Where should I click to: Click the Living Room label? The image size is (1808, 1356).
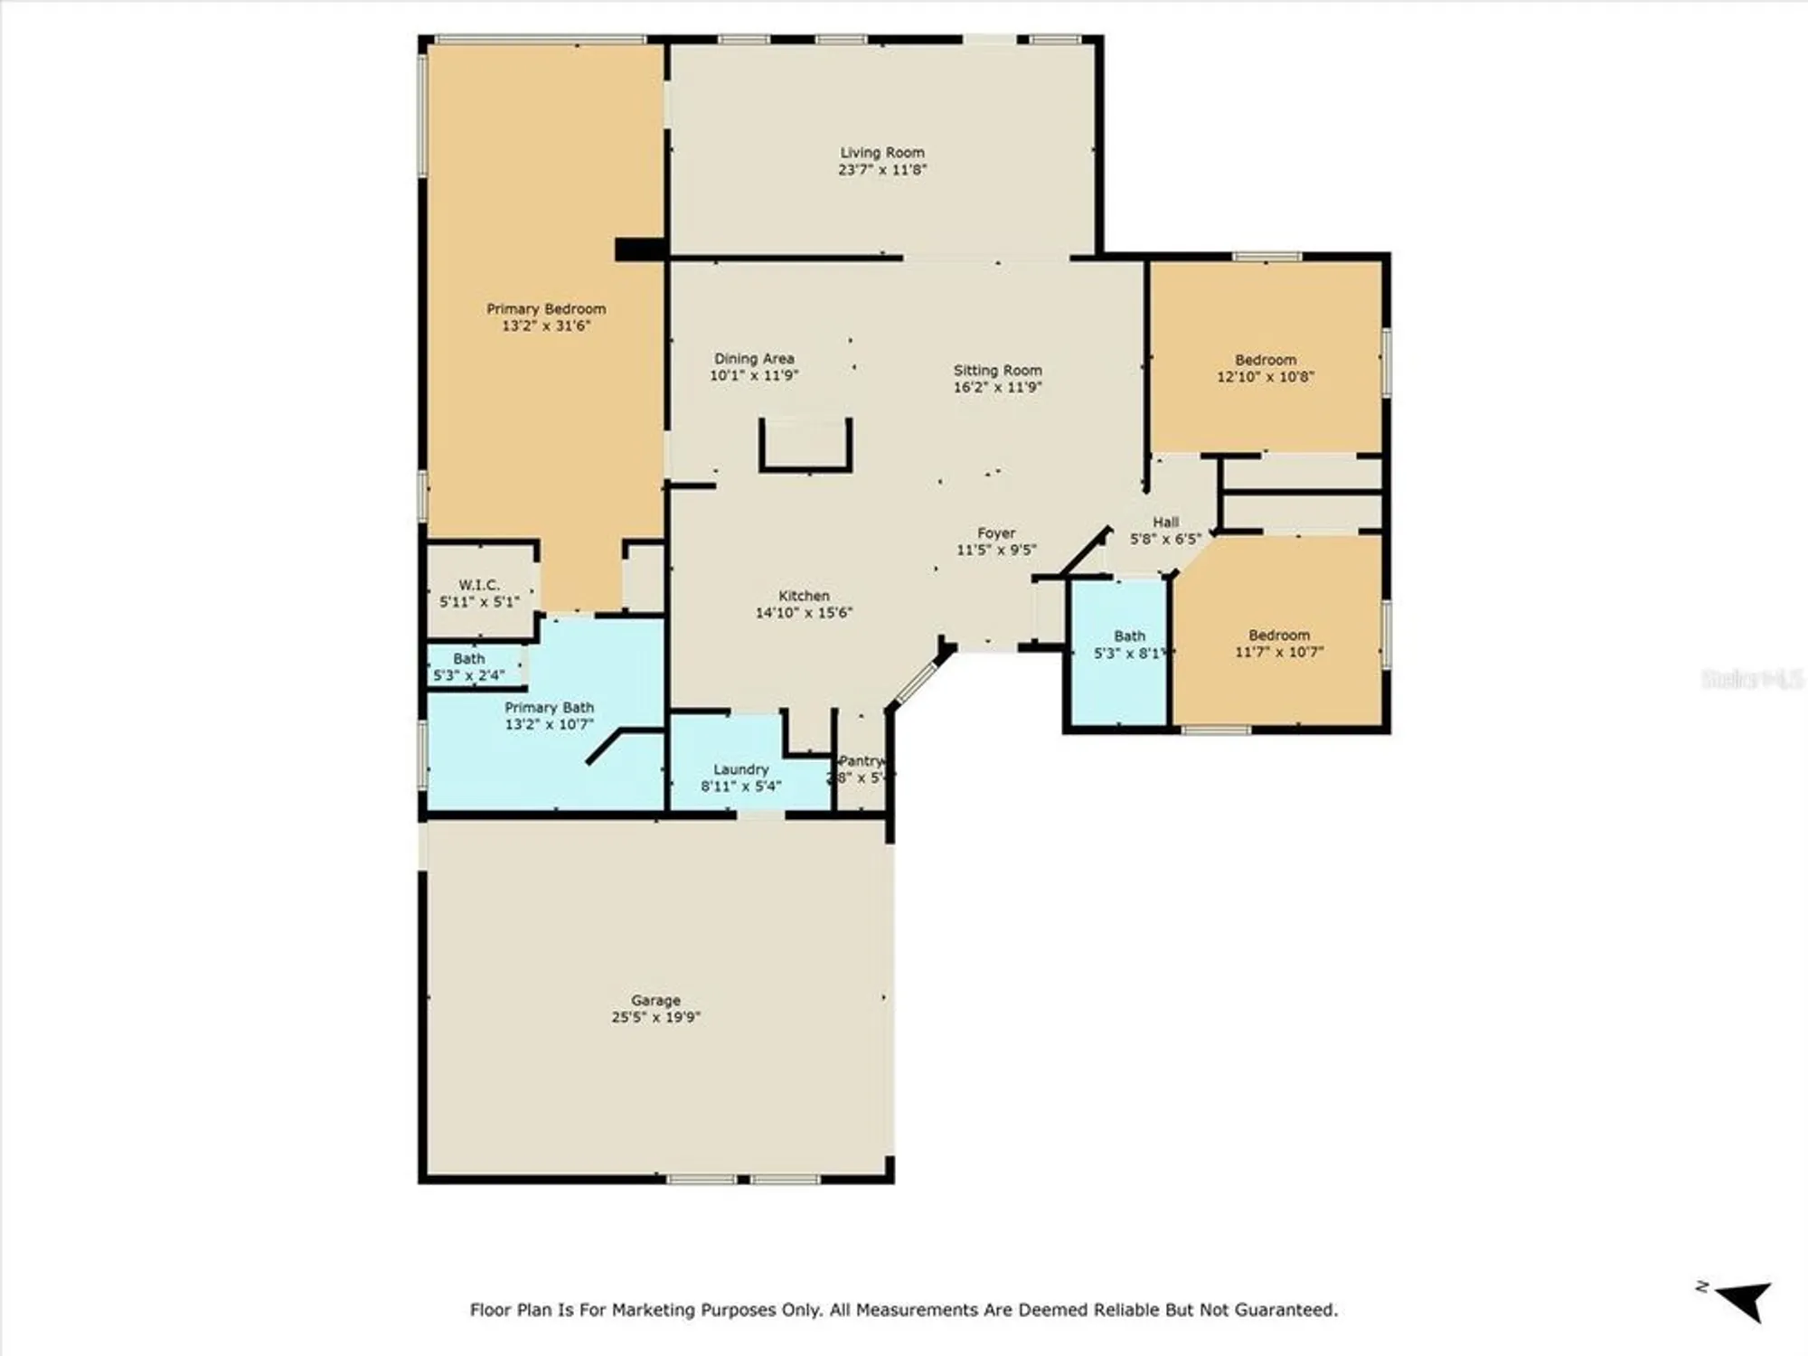pyautogui.click(x=882, y=153)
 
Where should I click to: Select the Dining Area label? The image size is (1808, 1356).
pyautogui.click(x=754, y=359)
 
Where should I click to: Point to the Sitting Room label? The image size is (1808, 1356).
pyautogui.click(x=997, y=371)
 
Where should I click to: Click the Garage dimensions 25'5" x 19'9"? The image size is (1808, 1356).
pyautogui.click(x=655, y=1017)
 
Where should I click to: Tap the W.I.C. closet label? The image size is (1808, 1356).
pyautogui.click(x=478, y=585)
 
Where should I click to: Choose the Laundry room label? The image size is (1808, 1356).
pyautogui.click(x=740, y=769)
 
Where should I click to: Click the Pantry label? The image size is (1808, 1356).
pyautogui.click(x=861, y=761)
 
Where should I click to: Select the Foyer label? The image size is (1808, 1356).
pyautogui.click(x=996, y=533)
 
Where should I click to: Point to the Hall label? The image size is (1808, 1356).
pyautogui.click(x=1165, y=523)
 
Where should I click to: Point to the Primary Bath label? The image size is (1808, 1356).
pyautogui.click(x=549, y=708)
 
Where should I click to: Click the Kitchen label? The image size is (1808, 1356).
pyautogui.click(x=804, y=596)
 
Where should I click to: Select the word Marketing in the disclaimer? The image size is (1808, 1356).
pyautogui.click(x=654, y=1310)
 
